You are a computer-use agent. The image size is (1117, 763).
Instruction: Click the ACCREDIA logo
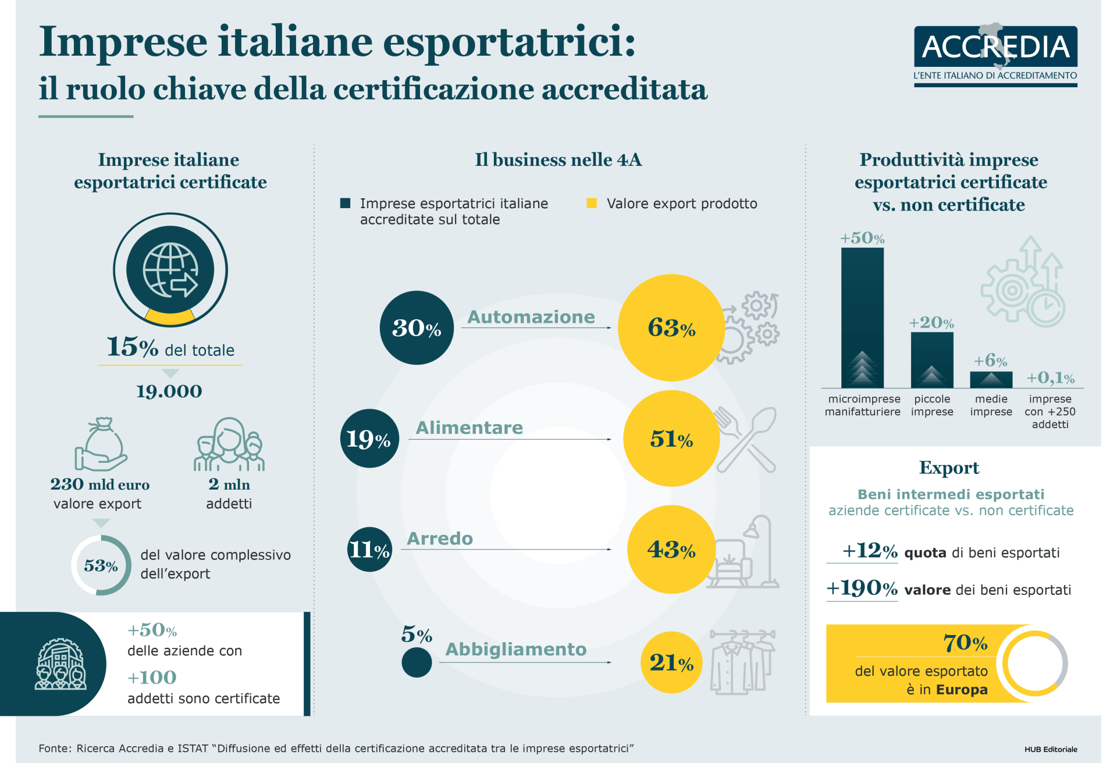[x=995, y=55]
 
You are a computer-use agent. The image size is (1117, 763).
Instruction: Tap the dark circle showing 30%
[x=417, y=328]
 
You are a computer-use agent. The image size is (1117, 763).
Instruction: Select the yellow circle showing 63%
[x=671, y=328]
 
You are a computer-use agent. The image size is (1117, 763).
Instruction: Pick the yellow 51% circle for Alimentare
[x=671, y=438]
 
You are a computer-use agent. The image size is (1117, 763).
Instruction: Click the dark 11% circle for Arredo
[x=369, y=549]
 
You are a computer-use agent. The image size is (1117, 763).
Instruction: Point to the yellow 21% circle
[x=671, y=662]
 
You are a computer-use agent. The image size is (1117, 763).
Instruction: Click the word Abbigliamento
[x=516, y=649]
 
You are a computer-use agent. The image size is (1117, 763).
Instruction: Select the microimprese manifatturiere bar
[x=862, y=318]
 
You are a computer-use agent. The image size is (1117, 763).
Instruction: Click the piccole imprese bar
[x=932, y=360]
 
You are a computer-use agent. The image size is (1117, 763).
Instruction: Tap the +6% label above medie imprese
[x=991, y=361]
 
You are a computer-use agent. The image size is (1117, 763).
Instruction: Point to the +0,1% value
[x=1050, y=378]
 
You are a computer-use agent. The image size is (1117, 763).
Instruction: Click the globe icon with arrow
[x=170, y=270]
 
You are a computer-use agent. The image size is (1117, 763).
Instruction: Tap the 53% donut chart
[x=101, y=565]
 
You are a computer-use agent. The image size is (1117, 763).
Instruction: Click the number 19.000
[x=169, y=391]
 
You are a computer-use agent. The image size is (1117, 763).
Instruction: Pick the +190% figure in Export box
[x=862, y=588]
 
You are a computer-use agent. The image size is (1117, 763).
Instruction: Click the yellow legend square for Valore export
[x=592, y=203]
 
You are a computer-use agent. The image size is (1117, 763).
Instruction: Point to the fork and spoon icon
[x=746, y=439]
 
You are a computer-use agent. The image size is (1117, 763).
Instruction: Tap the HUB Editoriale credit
[x=1051, y=749]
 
